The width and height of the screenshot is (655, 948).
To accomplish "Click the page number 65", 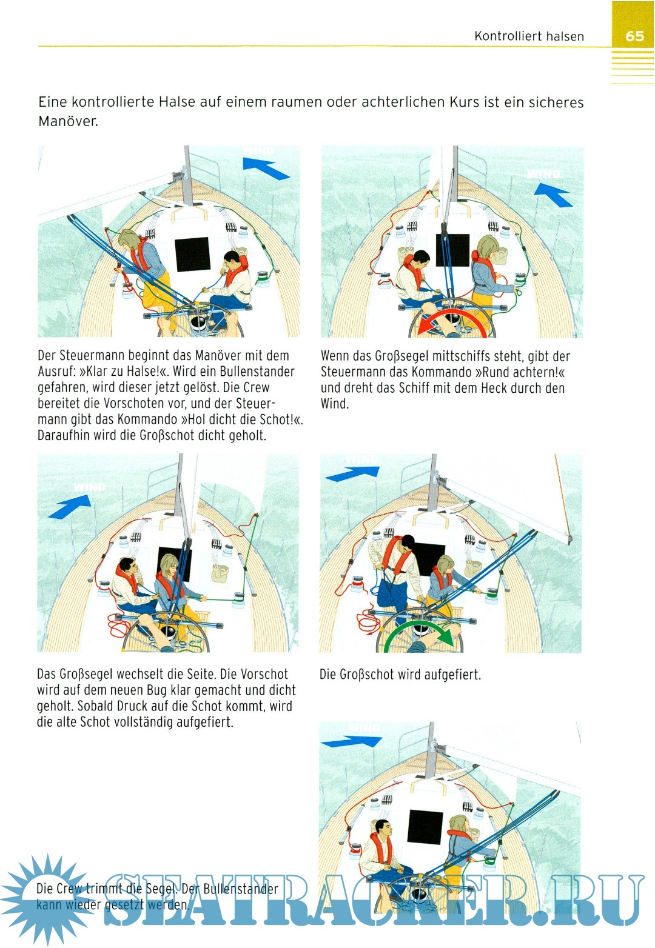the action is pyautogui.click(x=634, y=36).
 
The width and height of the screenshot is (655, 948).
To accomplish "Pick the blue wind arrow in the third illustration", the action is pyautogui.click(x=70, y=507).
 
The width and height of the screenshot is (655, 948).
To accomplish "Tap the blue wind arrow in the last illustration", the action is pyautogui.click(x=351, y=741).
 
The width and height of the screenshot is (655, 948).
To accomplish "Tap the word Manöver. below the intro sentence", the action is pyautogui.click(x=68, y=121).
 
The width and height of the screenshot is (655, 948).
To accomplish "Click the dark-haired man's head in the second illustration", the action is pyautogui.click(x=420, y=259).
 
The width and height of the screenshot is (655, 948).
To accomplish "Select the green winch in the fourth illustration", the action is pyautogui.click(x=492, y=593).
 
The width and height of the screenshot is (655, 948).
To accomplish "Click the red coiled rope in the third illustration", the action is pyautogui.click(x=120, y=626).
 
